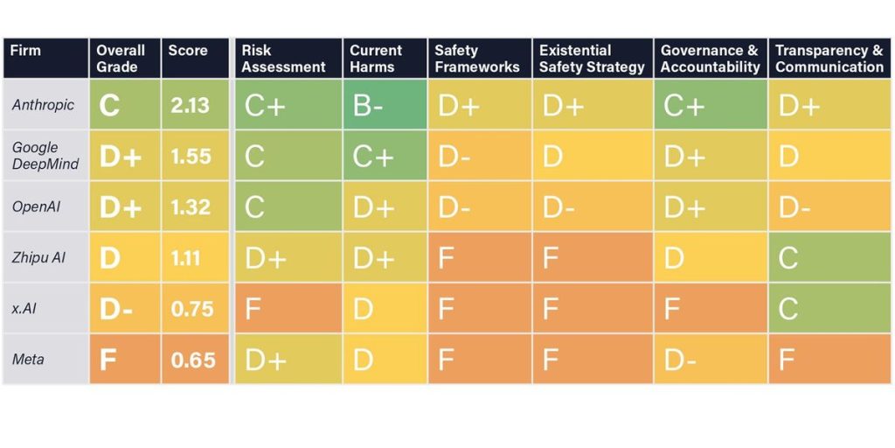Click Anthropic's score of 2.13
(191, 105)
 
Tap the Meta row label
(29, 359)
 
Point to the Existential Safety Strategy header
(592, 58)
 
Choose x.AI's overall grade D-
(116, 309)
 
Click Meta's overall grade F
(108, 360)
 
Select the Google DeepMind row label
(45, 156)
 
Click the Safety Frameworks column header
(476, 58)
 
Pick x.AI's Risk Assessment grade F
(253, 309)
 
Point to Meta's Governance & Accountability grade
(679, 360)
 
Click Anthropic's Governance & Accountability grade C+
(683, 106)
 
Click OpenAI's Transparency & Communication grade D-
(794, 207)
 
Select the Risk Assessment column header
(283, 58)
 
